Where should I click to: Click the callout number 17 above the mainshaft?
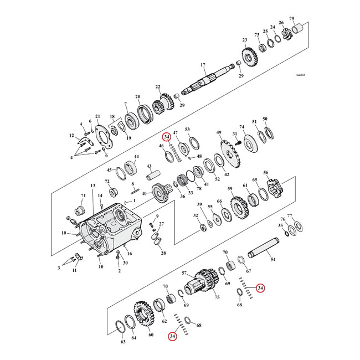coord(203,65)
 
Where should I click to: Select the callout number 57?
coord(184,273)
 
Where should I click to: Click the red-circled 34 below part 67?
coord(260,288)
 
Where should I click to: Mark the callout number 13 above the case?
coord(92,186)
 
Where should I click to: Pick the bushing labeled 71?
coord(78,210)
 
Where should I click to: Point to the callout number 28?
coord(163,253)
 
